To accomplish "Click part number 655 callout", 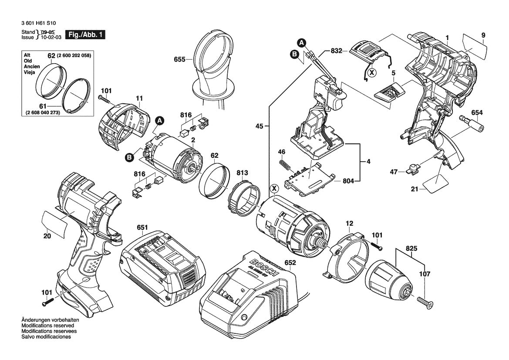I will click(179, 59).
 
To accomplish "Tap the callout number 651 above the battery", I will click(142, 228).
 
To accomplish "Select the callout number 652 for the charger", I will click(290, 263).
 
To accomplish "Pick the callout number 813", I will click(242, 172).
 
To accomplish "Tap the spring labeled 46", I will click(284, 165).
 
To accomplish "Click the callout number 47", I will click(394, 172).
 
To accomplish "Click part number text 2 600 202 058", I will click(74, 56).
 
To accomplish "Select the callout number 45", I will click(259, 126).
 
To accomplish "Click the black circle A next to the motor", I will click(160, 120).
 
